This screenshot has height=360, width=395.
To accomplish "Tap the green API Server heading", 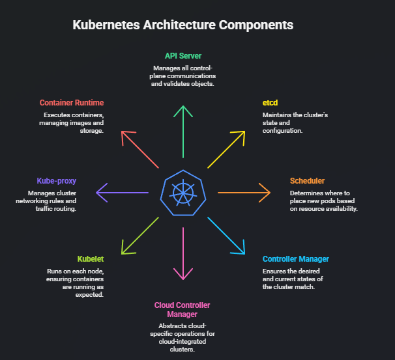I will click(x=183, y=56).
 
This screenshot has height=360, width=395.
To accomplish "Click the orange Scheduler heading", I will click(x=307, y=180).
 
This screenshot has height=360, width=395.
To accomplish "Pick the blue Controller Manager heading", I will click(x=295, y=258).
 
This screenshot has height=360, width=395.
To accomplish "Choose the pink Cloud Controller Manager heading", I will click(x=183, y=309).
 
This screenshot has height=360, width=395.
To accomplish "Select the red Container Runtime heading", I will click(x=72, y=103).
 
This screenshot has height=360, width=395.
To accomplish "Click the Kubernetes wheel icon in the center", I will click(x=183, y=191).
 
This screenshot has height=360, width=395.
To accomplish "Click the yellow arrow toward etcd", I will click(x=227, y=148).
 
